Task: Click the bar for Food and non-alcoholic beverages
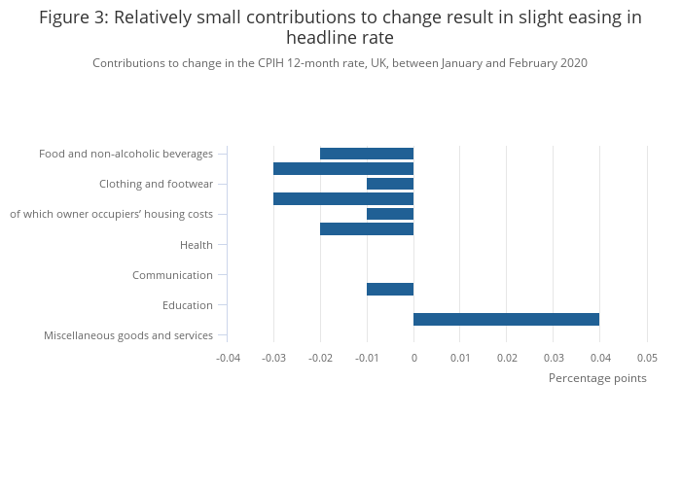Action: (367, 154)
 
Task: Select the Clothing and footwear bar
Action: (390, 184)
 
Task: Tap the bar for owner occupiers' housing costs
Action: (390, 214)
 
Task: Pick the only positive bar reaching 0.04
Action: (506, 319)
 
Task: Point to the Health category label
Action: (197, 245)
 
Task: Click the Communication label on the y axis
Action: (172, 275)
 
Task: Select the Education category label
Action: (188, 305)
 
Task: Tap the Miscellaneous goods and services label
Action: (128, 335)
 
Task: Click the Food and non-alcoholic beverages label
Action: (125, 154)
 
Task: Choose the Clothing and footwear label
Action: (156, 184)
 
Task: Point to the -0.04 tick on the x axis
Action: (227, 358)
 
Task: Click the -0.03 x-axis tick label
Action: (273, 358)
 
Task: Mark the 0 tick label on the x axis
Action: (413, 358)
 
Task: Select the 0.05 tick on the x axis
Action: (647, 358)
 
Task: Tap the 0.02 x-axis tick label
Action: (507, 358)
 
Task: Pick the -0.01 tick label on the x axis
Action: (367, 358)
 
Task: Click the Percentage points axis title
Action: (597, 378)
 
